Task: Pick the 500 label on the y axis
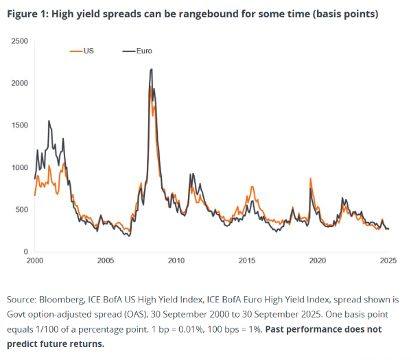[x=21, y=210]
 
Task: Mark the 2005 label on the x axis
[x=105, y=261]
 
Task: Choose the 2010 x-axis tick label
[x=176, y=261]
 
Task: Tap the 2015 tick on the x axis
[x=247, y=261]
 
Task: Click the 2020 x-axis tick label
[x=318, y=261]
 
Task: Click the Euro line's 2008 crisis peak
[x=151, y=69]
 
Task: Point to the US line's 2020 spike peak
[x=310, y=179]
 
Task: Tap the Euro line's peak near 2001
[x=49, y=121]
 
